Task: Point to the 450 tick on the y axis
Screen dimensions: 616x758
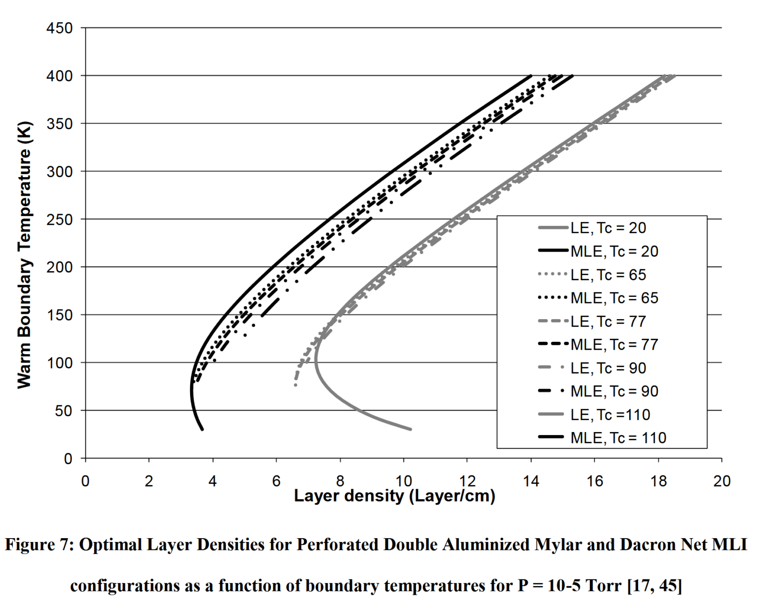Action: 59,28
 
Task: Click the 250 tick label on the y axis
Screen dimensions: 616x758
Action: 59,219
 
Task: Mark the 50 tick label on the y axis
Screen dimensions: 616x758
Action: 63,411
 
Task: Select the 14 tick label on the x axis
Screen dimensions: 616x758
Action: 531,481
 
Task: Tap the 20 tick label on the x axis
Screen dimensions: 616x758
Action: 721,481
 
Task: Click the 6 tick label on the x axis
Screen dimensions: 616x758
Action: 276,481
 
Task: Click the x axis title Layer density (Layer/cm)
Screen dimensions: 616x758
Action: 394,496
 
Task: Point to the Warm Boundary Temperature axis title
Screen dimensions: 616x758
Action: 24,254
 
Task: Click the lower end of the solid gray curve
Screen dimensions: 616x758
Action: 411,429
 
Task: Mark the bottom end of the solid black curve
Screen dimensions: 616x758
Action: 202,430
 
